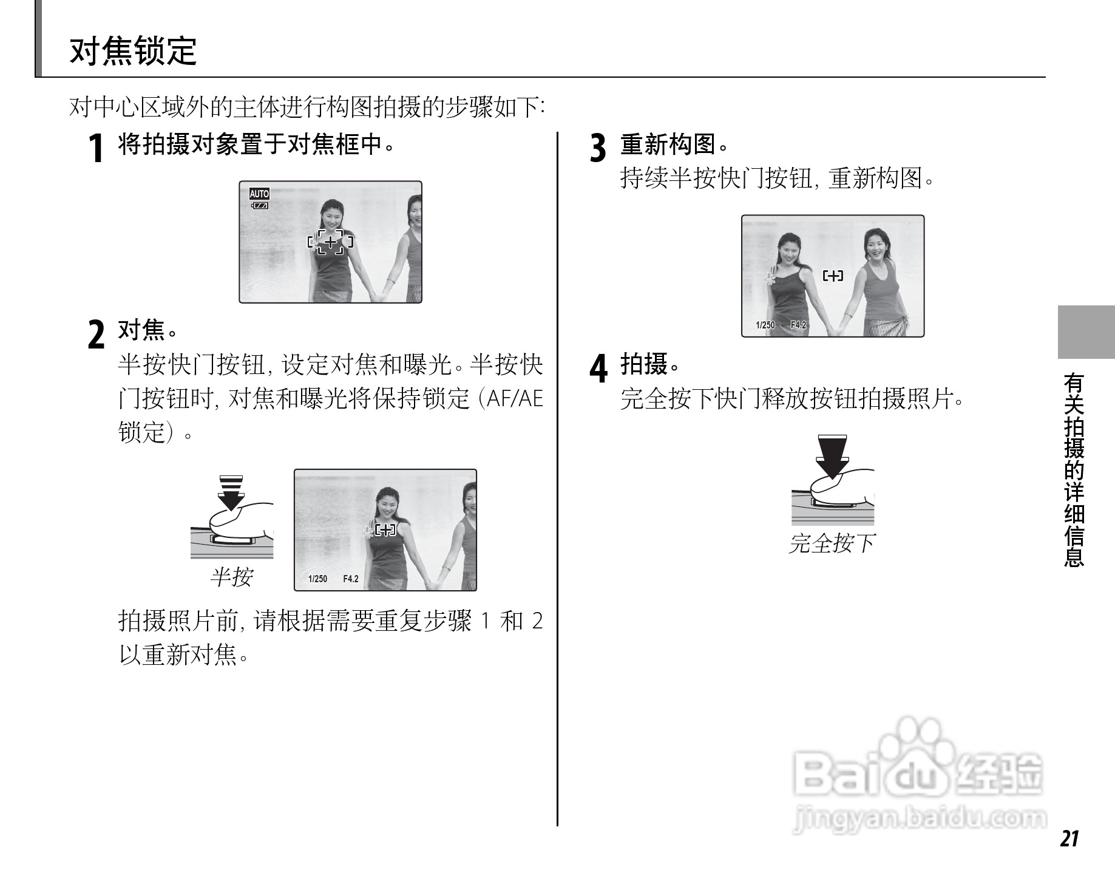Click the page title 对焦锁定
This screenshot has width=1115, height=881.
pyautogui.click(x=134, y=51)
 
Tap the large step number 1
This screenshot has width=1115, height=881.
pyautogui.click(x=95, y=148)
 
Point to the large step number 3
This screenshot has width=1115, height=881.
pyautogui.click(x=598, y=148)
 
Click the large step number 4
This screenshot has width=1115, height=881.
pyautogui.click(x=598, y=369)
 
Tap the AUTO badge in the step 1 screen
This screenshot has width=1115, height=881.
pyautogui.click(x=259, y=194)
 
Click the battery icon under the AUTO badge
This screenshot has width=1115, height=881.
pyautogui.click(x=260, y=206)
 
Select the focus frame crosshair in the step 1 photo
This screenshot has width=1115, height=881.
pyautogui.click(x=330, y=242)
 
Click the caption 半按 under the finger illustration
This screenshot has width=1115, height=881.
pyautogui.click(x=231, y=577)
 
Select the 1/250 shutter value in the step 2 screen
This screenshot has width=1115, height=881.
pyautogui.click(x=317, y=579)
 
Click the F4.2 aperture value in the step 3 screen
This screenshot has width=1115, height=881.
pyautogui.click(x=798, y=325)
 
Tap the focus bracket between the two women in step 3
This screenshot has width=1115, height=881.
pyautogui.click(x=833, y=276)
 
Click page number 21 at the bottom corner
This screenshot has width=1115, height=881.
pyautogui.click(x=1069, y=838)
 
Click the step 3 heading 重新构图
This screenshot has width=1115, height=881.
pyautogui.click(x=668, y=145)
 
